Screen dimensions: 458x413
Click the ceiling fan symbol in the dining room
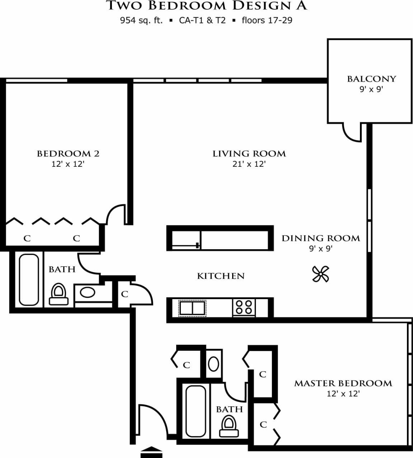[320, 274]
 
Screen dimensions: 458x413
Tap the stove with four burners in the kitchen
[244, 307]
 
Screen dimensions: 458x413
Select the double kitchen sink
[192, 308]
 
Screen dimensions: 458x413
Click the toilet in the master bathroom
[229, 426]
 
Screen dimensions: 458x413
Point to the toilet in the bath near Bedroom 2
[58, 294]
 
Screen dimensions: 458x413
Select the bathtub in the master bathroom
[196, 411]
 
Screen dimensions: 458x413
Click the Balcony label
[371, 79]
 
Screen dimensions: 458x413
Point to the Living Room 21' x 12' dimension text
[249, 164]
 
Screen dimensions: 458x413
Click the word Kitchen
[221, 276]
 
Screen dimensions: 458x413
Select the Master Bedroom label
[343, 383]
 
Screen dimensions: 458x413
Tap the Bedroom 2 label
[68, 154]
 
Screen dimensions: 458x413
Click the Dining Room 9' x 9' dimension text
[321, 249]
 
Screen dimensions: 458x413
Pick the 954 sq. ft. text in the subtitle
[141, 20]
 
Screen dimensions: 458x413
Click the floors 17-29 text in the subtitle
[267, 20]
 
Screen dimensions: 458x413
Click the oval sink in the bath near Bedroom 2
[88, 293]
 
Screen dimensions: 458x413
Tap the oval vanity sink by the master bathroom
[213, 364]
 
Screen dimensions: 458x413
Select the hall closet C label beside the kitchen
[125, 294]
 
